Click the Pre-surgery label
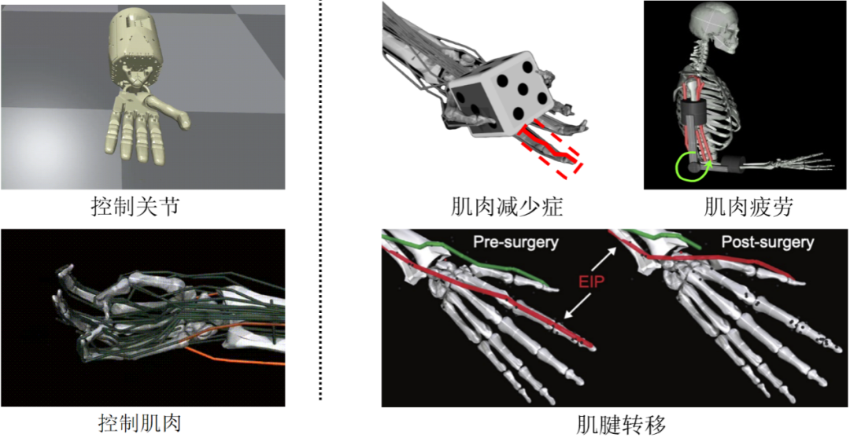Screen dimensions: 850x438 click(516, 242)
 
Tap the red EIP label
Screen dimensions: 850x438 click(590, 282)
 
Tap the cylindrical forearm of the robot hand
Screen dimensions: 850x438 click(136, 48)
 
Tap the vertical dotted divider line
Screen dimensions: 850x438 click(320, 201)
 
